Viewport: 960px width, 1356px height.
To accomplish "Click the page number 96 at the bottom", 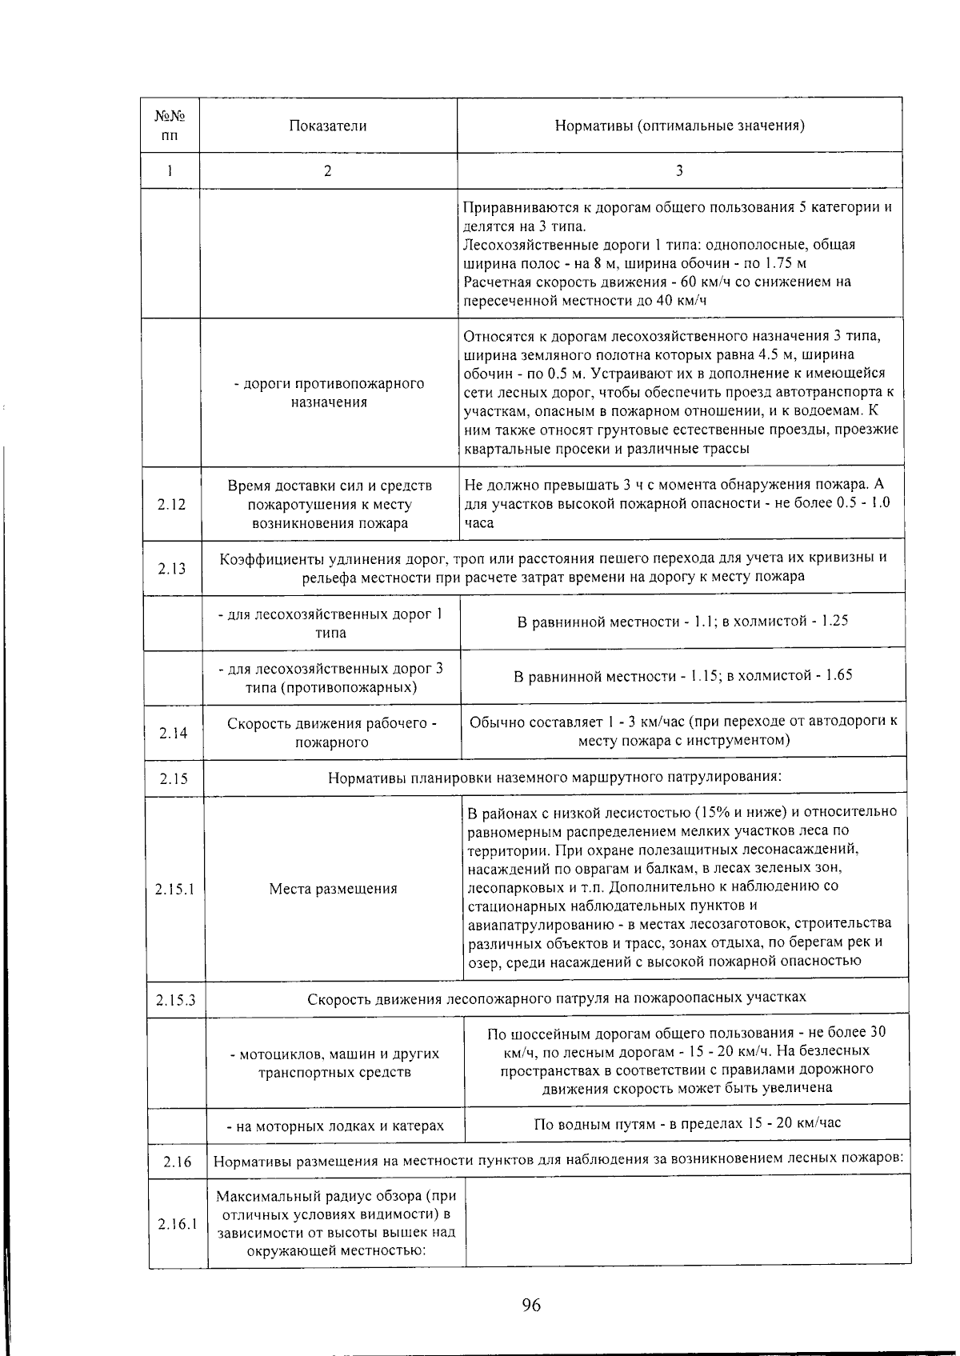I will click(x=531, y=1306).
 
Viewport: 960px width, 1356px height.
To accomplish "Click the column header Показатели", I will click(x=328, y=126).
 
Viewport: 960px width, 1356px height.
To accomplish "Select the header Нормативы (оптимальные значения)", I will click(x=679, y=126).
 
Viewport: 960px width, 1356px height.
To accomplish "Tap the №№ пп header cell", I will click(x=170, y=126).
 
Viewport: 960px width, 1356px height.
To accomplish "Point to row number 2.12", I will click(x=171, y=505).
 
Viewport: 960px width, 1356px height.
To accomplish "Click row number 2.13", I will click(x=171, y=568).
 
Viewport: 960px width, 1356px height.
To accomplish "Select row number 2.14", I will click(x=173, y=733).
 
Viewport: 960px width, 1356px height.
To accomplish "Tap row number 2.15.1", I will click(x=175, y=888).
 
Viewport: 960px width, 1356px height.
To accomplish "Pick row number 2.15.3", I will click(x=176, y=999).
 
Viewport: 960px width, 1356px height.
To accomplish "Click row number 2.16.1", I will click(x=177, y=1223).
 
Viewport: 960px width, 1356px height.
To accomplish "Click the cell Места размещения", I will click(x=333, y=888).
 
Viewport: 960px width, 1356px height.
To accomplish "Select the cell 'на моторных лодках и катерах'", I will click(x=334, y=1126).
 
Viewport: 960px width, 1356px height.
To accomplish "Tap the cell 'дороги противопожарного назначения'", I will click(x=329, y=393).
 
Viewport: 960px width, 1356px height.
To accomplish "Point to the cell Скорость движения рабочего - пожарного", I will click(x=332, y=733).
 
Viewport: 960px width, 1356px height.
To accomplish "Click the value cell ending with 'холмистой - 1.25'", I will click(x=682, y=621).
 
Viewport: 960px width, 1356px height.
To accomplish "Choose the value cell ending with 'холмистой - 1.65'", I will click(x=682, y=676).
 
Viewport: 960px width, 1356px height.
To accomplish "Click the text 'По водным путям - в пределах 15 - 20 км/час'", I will click(x=687, y=1123).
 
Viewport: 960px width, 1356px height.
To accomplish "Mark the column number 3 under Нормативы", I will click(x=679, y=170).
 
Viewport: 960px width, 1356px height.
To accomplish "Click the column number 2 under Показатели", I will click(x=328, y=170).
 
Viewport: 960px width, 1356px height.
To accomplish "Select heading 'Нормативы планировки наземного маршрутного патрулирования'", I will click(x=554, y=777).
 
